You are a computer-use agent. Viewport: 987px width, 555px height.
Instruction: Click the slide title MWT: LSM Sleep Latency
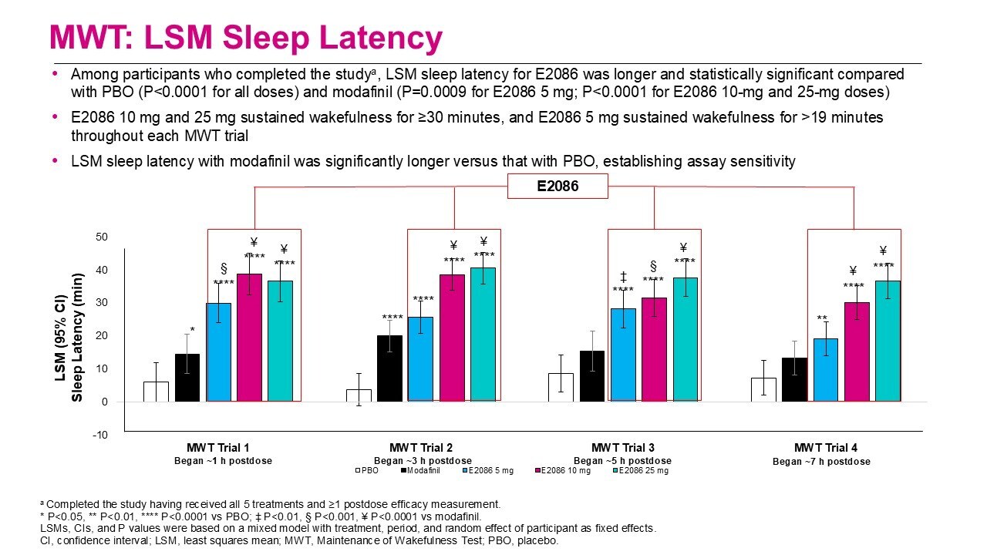coord(245,38)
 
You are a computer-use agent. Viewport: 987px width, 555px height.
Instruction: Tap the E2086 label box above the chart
coord(557,187)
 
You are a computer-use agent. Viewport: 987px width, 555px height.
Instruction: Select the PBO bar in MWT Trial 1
coord(156,391)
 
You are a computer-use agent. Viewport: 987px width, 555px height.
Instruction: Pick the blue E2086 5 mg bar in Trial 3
coord(623,355)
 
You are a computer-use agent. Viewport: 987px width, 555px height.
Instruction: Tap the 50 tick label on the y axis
coord(102,237)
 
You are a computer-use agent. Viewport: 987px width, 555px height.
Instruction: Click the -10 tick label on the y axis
coord(101,435)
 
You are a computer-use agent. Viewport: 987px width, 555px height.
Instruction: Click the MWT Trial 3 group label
coord(623,448)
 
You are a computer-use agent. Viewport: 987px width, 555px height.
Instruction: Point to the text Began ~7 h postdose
coord(821,462)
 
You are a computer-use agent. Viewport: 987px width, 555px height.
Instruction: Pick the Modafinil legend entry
coord(416,470)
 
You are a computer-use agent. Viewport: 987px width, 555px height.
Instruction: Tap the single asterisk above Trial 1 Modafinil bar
coord(192,330)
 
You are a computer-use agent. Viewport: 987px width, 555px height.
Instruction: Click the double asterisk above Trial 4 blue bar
coord(822,318)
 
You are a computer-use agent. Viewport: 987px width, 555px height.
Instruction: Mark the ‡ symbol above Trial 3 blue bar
coord(622,277)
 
